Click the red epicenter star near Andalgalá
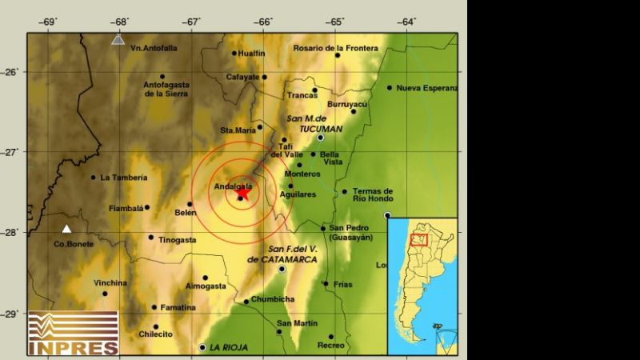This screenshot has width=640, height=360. coord(242,191)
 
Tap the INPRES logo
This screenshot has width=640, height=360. coord(73,333)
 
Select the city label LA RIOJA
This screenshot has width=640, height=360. coord(228,347)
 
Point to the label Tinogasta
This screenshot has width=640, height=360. coord(178,239)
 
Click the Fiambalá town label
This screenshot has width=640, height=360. coord(126,210)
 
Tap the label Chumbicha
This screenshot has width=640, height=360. coord(273,299)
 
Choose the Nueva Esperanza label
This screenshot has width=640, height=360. coord(427,88)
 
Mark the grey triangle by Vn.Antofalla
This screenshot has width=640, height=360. coord(118,38)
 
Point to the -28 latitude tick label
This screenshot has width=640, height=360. coord(14,232)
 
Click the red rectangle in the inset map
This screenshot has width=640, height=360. coord(419,239)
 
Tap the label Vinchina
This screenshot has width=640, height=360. coord(110,282)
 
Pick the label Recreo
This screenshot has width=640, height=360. coord(330,346)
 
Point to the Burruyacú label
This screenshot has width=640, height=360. coord(347,104)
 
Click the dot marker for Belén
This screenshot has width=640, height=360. coord(190,204)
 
